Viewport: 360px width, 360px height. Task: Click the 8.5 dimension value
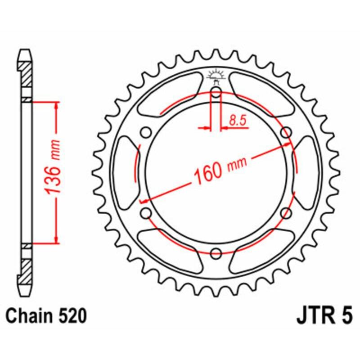click(x=237, y=120)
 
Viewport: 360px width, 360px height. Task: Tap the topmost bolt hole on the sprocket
click(x=216, y=94)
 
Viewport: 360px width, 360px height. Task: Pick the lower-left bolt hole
click(x=145, y=213)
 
